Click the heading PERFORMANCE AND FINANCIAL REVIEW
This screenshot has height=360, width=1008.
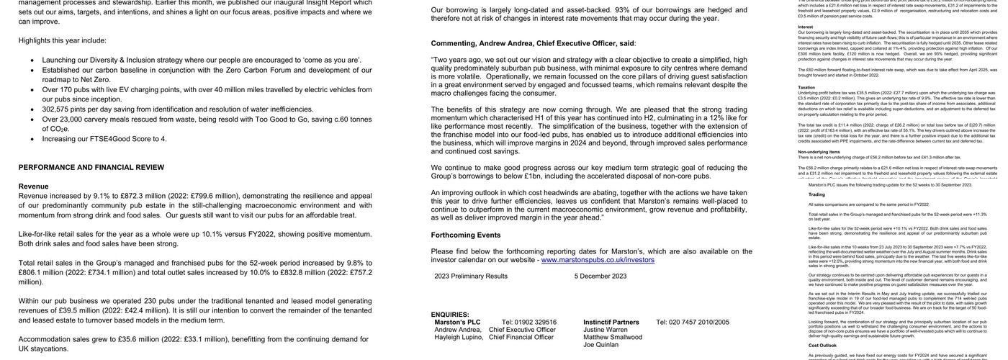pos(91,168)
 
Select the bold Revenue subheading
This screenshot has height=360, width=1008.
pos(34,186)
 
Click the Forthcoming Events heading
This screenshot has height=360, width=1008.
pos(466,235)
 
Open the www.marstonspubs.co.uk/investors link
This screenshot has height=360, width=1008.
pos(588,260)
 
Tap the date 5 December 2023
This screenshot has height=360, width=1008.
pos(600,276)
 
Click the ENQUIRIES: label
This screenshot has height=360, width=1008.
pos(450,315)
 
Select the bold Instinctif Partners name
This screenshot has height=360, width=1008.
pos(611,323)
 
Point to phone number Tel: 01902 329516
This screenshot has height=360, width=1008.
pos(529,323)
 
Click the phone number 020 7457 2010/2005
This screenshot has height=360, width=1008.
pos(693,323)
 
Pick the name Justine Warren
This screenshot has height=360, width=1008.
pos(606,330)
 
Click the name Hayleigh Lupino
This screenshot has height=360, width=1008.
pos(459,337)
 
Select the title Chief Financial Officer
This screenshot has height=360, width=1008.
pos(521,337)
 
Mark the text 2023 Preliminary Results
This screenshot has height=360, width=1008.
pos(471,276)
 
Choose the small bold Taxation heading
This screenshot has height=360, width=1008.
pos(806,87)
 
